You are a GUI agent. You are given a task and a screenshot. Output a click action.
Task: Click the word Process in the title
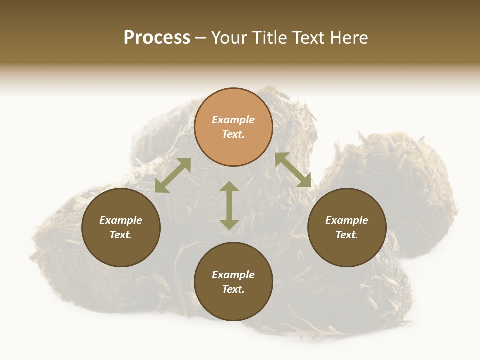click(x=157, y=38)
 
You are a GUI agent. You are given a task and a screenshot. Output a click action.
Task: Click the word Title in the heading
click(x=270, y=38)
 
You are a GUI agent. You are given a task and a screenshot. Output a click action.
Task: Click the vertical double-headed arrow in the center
click(x=229, y=205)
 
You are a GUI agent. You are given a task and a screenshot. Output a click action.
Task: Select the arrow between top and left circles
click(x=173, y=175)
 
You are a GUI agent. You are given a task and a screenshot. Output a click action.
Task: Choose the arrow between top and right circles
click(x=293, y=170)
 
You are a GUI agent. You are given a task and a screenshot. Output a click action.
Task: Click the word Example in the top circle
click(x=233, y=120)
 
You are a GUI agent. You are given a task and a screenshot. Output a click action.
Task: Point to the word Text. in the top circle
click(x=233, y=134)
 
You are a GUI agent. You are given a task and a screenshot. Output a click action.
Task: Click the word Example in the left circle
click(x=121, y=220)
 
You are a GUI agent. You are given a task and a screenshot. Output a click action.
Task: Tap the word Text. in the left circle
click(x=121, y=235)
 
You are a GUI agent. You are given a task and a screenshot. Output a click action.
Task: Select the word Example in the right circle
click(x=347, y=220)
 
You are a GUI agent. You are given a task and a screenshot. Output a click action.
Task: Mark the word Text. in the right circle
click(x=347, y=235)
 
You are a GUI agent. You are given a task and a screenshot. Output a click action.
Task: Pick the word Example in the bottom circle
click(x=233, y=275)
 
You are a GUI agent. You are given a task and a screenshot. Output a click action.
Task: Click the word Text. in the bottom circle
click(x=233, y=289)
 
